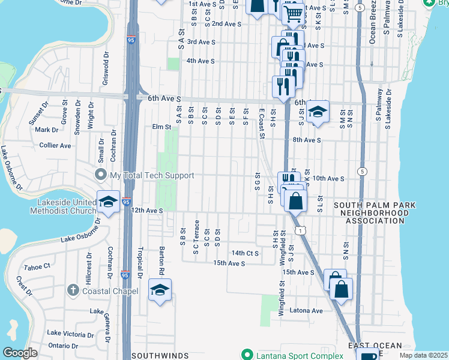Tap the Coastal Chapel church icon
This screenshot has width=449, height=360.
coord(72,291)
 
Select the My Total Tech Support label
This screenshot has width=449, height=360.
coord(152,175)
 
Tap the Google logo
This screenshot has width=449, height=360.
coord(19,353)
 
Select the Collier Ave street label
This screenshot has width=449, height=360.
coord(56,145)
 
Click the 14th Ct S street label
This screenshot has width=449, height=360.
coord(245,253)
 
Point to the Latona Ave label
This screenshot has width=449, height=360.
coord(306,311)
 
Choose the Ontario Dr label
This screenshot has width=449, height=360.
coord(63,345)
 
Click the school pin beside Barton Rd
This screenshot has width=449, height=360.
coord(160,290)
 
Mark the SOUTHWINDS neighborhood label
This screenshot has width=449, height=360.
coord(157,355)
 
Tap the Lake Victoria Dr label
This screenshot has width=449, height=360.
coord(71,333)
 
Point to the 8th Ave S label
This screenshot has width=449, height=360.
coord(307,140)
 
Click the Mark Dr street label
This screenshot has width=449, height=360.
coord(46,130)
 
